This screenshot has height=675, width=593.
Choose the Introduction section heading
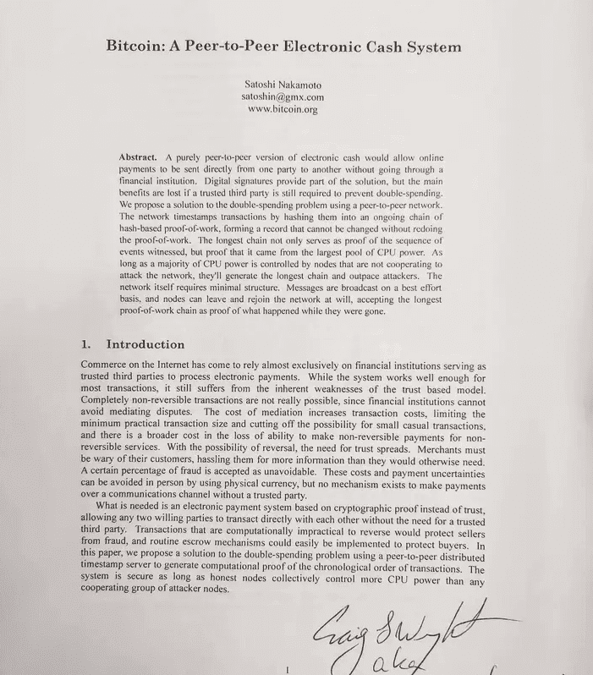tap(145, 344)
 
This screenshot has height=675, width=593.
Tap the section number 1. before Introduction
tap(85, 344)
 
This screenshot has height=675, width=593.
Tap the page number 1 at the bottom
tap(288, 668)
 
